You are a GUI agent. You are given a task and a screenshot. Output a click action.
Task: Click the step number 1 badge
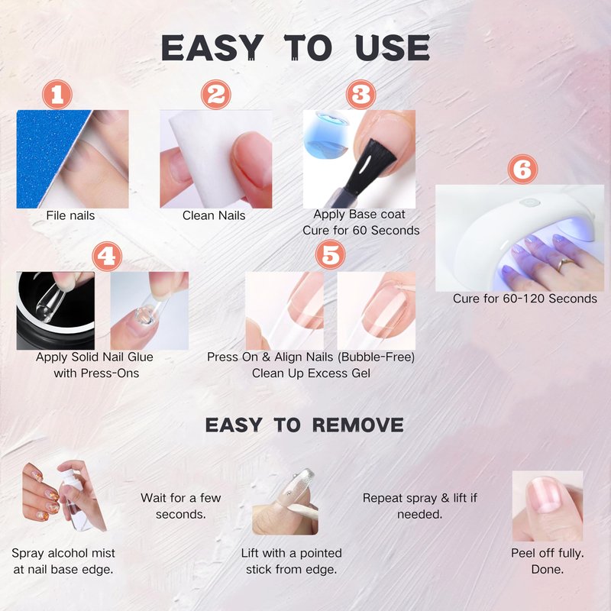57,95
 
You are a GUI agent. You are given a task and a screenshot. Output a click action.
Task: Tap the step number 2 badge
216,95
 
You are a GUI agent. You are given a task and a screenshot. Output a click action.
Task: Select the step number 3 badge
360,95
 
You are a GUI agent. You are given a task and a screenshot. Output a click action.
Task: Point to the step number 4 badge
107,257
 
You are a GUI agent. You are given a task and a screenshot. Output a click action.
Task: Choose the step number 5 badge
331,254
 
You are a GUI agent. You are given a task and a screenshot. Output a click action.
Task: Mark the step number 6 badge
522,169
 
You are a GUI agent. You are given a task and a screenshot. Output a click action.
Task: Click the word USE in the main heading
393,48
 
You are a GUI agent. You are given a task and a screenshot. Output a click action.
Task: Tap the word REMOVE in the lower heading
357,425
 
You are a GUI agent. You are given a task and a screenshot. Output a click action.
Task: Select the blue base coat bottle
326,136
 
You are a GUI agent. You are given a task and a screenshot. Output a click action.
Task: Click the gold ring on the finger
562,265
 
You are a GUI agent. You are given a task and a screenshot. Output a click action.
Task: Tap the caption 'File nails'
70,215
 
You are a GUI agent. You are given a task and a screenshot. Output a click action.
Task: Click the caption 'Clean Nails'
214,215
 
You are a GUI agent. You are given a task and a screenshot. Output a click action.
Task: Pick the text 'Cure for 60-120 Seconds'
525,299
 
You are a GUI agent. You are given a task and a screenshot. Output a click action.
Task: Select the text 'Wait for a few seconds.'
181,506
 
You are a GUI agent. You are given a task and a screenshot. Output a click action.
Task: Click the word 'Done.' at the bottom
548,569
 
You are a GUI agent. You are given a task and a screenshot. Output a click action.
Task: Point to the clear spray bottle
76,503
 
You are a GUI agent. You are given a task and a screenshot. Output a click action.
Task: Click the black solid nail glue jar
55,311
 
